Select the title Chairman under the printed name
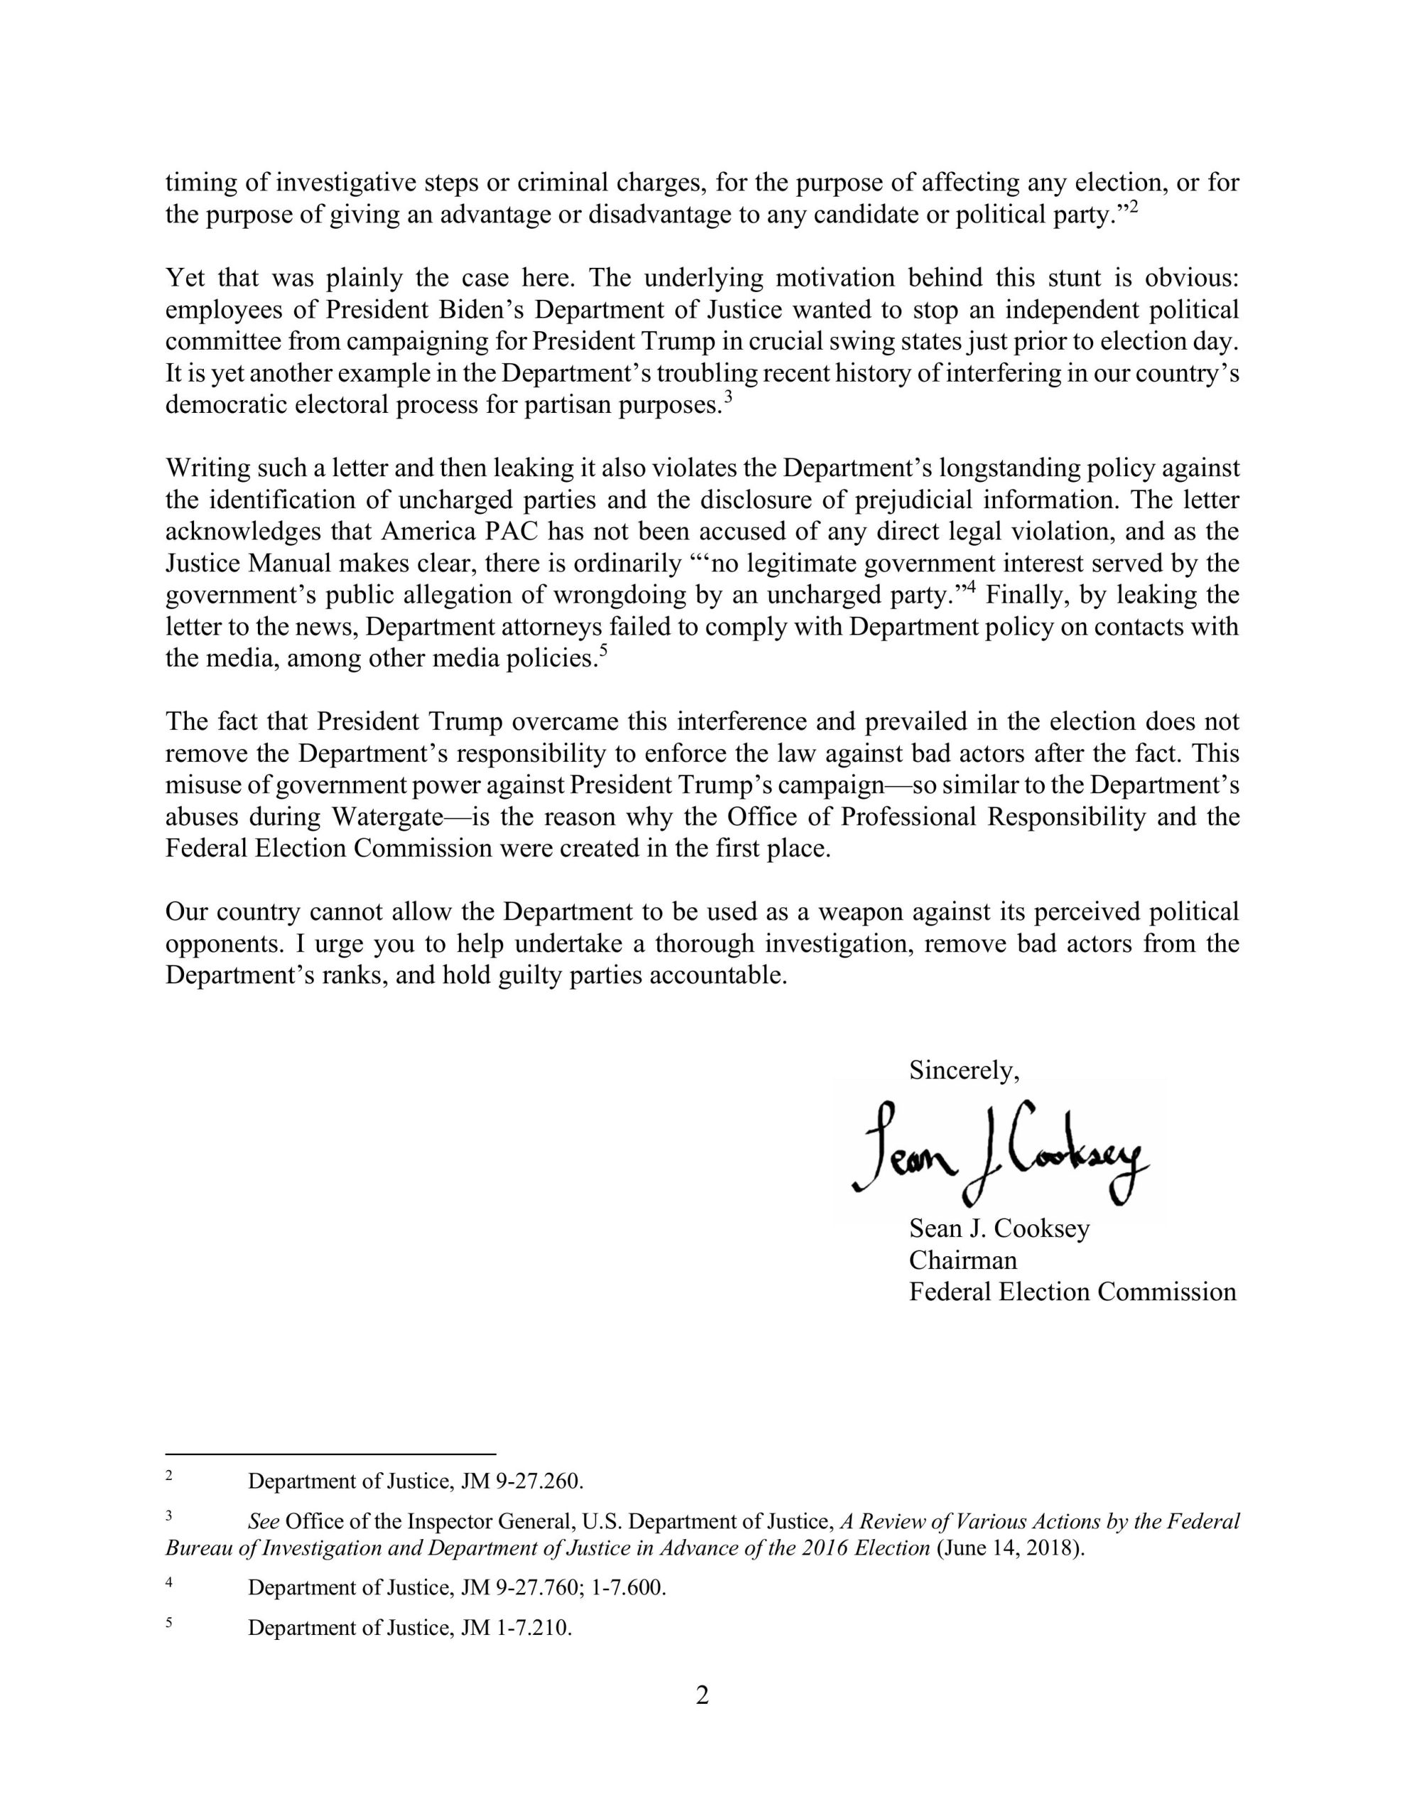[x=962, y=1260]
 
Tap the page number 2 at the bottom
[x=702, y=1695]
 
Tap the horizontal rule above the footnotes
[x=330, y=1453]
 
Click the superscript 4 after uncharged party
[x=970, y=588]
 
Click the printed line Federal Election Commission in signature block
[x=1072, y=1292]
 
